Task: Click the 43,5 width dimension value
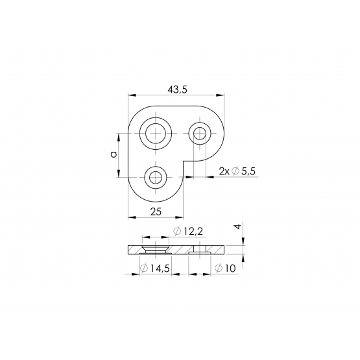click(178, 90)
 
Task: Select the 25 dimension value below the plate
click(156, 211)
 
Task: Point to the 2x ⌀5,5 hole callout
click(237, 171)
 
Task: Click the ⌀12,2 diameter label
click(188, 231)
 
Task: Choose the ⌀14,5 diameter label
click(155, 268)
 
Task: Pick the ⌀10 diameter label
click(225, 268)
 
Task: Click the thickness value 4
click(238, 226)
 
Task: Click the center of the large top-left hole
click(156, 134)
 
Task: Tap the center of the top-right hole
click(200, 134)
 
